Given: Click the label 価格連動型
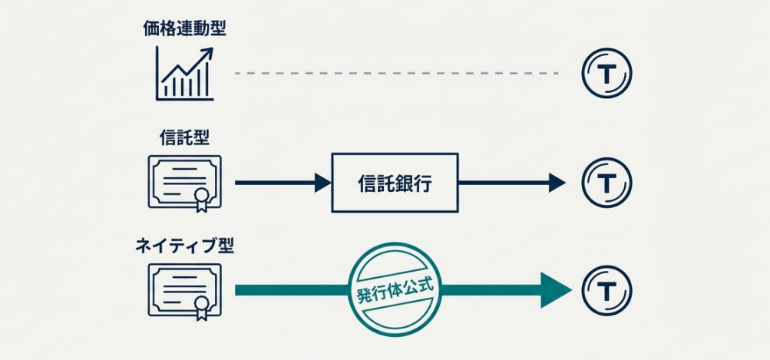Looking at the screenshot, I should point(185,29).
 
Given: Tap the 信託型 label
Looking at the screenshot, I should point(185,138).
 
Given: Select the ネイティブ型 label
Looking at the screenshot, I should point(185,246).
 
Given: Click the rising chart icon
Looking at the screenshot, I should point(185,73).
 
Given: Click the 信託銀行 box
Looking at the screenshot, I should point(395,183).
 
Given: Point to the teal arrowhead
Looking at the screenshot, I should point(556,291).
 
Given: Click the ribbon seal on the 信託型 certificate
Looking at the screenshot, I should point(201,199).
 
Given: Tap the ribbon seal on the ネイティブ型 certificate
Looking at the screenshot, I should point(201,308).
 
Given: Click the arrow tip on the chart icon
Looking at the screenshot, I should point(208,51).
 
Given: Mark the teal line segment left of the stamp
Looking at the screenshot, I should point(292,291).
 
